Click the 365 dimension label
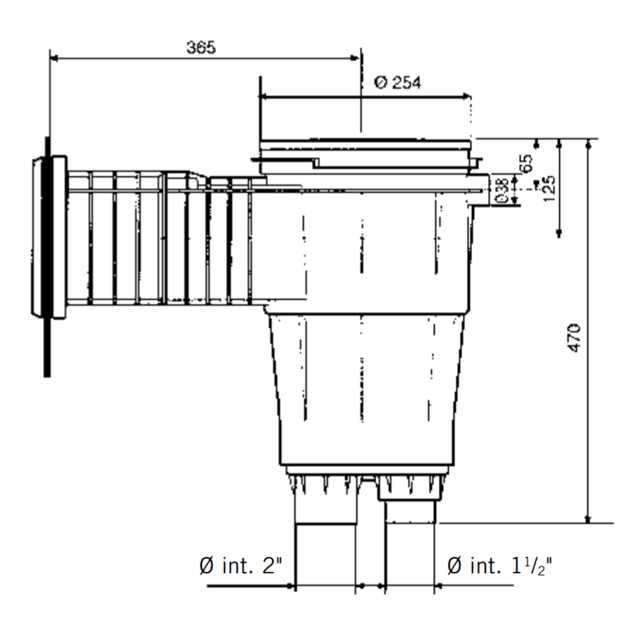(x=201, y=48)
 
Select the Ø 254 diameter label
(x=397, y=83)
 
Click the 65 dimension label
(x=526, y=162)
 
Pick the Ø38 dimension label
(x=502, y=190)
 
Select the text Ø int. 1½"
(x=501, y=567)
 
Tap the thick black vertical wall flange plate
(x=48, y=257)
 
